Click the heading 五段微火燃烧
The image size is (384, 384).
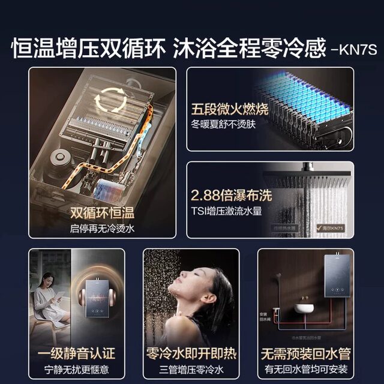(230, 110)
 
